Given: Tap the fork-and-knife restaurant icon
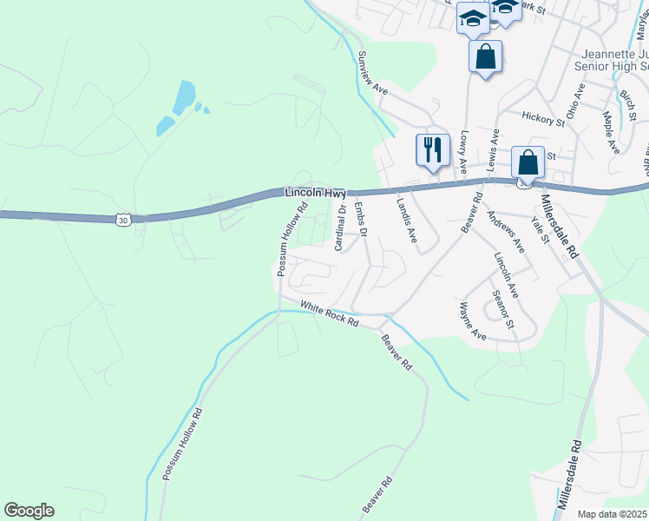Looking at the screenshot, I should click(431, 149).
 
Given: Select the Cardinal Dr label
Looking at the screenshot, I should click(341, 227).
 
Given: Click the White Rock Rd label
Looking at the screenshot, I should click(330, 313).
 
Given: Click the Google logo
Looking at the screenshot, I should click(29, 511).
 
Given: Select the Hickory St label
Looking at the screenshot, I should click(543, 117).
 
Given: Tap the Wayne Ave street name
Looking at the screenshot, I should click(472, 320).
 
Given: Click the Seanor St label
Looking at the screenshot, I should click(503, 310).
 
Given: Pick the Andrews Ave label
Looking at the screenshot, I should click(505, 232).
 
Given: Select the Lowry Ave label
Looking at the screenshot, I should click(464, 150).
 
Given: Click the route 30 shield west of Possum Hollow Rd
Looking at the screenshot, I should click(122, 220).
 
